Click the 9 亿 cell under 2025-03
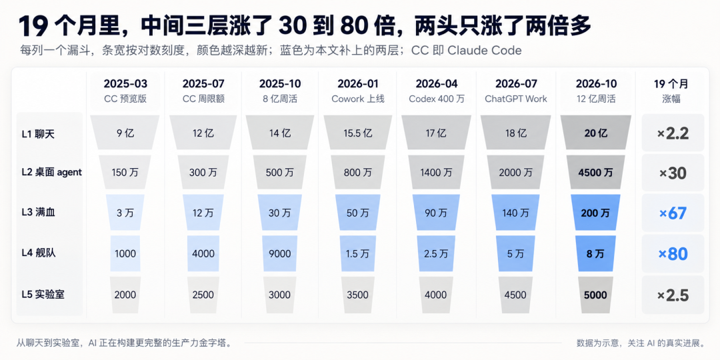point(125,133)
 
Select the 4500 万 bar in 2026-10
point(595,173)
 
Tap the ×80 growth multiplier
point(673,253)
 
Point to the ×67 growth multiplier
point(673,213)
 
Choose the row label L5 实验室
point(43,295)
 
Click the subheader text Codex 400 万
point(435,99)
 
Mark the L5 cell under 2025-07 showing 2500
point(202,295)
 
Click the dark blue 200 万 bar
point(595,213)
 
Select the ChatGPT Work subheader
point(515,99)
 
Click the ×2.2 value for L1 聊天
point(673,133)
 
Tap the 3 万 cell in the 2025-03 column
point(125,213)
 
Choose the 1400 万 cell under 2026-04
point(435,173)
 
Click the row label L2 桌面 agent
point(52,172)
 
